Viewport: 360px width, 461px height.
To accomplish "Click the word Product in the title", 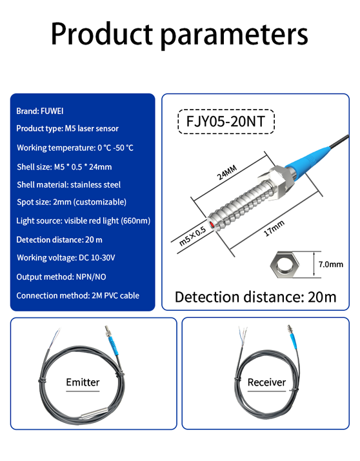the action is (102, 34).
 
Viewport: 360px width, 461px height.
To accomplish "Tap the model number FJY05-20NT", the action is (226, 121).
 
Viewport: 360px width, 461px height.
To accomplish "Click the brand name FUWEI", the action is (52, 111).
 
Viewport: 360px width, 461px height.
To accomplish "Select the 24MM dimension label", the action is (226, 173).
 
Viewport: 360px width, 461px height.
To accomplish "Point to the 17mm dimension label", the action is (274, 228).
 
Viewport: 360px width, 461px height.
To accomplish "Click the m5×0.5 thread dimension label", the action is (193, 237).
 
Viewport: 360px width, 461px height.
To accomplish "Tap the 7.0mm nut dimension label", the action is (331, 264).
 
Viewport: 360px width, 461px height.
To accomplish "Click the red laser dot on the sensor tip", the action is (212, 224).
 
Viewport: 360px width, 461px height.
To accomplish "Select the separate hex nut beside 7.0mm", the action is (285, 263).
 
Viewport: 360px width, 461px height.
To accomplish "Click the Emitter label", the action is (83, 382).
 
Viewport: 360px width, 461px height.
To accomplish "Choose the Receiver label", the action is (266, 382).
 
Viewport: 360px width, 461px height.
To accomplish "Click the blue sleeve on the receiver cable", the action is (294, 341).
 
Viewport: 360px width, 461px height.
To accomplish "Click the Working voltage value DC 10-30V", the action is (97, 258).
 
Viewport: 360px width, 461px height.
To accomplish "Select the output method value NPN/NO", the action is (91, 277).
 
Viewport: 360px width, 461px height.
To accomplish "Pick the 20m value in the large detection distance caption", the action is (322, 297).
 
